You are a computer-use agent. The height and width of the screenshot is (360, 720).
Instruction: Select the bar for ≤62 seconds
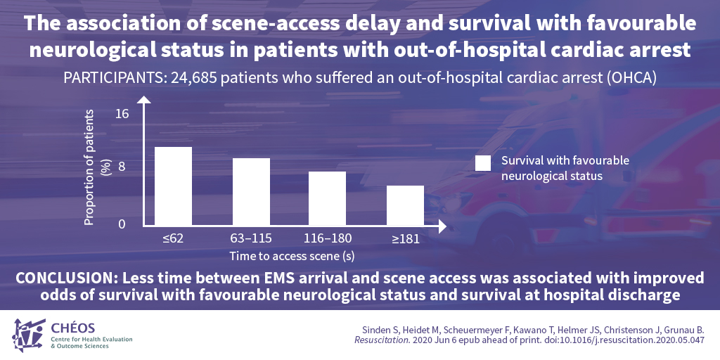click(174, 186)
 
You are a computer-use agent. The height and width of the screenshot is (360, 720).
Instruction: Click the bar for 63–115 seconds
click(251, 192)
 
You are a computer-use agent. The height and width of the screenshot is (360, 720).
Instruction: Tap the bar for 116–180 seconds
click(328, 198)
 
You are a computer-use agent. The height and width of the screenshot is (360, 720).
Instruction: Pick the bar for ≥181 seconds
click(405, 205)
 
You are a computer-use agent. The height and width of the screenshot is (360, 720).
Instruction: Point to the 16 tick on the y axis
click(122, 113)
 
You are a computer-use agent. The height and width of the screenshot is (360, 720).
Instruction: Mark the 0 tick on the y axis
click(122, 224)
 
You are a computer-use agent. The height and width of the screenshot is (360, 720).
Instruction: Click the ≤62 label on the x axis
click(173, 238)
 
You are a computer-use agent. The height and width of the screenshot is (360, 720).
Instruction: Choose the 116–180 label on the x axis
click(328, 238)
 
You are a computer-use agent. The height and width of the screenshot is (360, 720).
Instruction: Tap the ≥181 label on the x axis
click(406, 239)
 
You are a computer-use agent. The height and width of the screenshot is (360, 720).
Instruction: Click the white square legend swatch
click(483, 163)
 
